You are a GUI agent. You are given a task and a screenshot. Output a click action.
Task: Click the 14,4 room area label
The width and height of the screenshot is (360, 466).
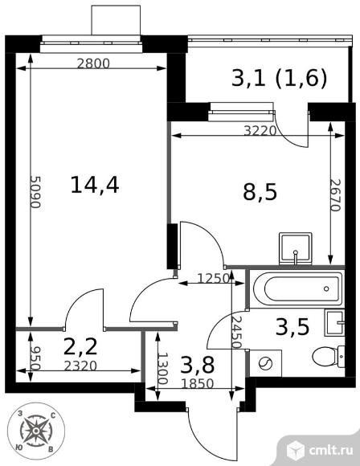click(95, 185)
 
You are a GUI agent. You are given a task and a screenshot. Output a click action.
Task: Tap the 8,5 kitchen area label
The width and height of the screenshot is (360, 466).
click(260, 192)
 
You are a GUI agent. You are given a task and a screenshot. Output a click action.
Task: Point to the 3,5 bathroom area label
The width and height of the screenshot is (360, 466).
click(292, 327)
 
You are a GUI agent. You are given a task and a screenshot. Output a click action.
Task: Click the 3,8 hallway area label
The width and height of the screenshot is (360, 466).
click(197, 365)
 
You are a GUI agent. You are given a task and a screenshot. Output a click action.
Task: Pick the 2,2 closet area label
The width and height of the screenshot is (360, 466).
click(80, 346)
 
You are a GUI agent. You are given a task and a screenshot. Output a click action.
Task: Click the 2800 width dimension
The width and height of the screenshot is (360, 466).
click(93, 63)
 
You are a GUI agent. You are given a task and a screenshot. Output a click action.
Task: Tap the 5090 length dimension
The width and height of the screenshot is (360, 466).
click(35, 192)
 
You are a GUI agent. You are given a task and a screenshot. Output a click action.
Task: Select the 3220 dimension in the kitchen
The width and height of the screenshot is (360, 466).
click(260, 131)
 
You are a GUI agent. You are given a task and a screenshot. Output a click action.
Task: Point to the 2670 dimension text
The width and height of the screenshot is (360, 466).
click(336, 195)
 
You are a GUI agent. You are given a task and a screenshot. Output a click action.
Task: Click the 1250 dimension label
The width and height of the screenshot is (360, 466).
click(214, 279)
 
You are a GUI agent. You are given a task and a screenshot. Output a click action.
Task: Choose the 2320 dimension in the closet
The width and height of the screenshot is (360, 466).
click(80, 366)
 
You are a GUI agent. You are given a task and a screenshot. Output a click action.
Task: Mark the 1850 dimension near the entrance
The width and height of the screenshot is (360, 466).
click(198, 384)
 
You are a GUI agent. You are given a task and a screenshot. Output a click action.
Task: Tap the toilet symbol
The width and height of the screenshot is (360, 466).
click(329, 357)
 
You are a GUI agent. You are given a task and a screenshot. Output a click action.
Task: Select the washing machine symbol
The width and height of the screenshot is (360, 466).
click(265, 363)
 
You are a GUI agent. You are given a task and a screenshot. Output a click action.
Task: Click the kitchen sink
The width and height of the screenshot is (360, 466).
click(296, 249)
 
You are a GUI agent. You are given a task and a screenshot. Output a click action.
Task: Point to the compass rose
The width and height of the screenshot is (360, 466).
click(36, 431)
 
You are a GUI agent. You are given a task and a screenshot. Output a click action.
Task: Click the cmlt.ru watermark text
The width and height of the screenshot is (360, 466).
click(331, 450)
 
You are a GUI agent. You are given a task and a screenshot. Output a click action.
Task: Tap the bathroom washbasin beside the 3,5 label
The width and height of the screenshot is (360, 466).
click(335, 322)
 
